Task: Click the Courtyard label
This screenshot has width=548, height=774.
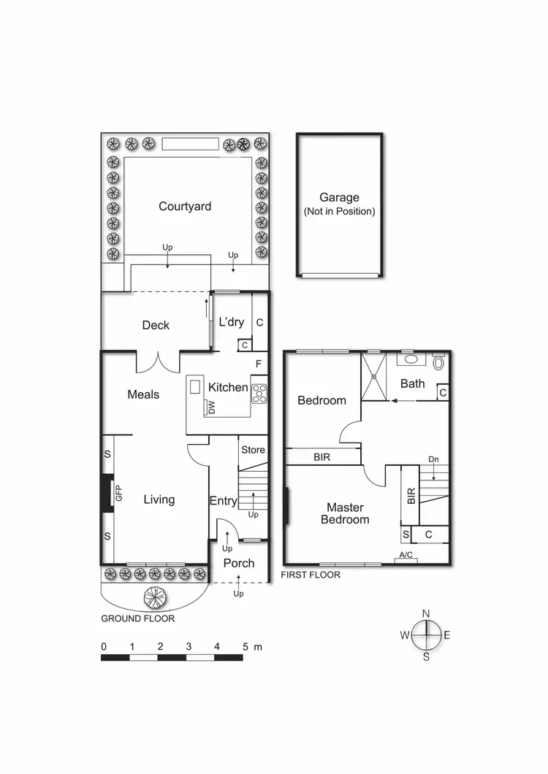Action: coord(185,207)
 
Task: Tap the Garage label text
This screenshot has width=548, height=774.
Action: coord(339,197)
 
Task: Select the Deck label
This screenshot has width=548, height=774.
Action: coord(156,325)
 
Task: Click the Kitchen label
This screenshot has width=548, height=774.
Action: coord(228,387)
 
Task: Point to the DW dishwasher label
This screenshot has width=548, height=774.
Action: coord(212,407)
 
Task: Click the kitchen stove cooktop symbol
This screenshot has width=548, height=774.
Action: coord(259,394)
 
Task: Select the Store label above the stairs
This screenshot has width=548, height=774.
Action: coord(253,450)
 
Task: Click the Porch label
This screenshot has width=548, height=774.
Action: coord(239,563)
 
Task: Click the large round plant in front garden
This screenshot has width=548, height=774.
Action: coord(155,597)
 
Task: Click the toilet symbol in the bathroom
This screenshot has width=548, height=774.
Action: coord(438,361)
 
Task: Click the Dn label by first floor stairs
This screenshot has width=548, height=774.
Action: coord(433,459)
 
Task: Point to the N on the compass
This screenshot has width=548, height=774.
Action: coord(426,613)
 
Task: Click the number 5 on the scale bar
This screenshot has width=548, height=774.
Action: coord(246,646)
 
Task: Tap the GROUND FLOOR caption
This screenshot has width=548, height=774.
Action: coord(138,618)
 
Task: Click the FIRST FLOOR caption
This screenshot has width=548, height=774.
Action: coord(311,575)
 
